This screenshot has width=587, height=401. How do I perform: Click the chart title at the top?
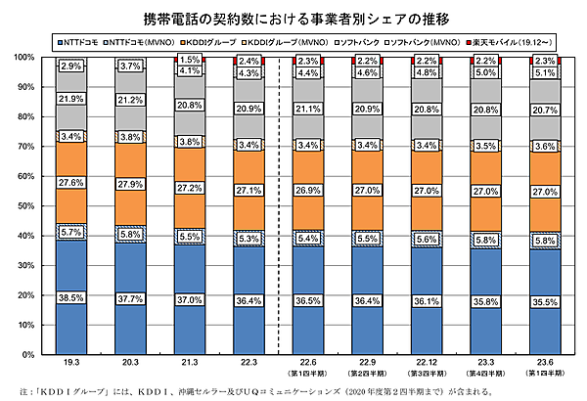[x=293, y=18]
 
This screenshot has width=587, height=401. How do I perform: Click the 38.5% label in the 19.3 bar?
[x=69, y=297]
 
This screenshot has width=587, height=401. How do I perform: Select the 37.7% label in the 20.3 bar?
[x=130, y=299]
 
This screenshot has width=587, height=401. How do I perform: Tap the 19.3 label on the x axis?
[x=69, y=363]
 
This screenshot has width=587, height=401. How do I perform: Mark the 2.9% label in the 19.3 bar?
[x=69, y=66]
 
